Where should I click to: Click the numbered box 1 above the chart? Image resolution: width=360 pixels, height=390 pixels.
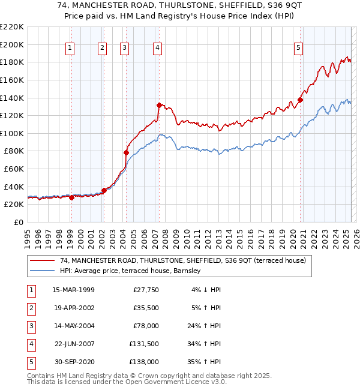tap(71, 49)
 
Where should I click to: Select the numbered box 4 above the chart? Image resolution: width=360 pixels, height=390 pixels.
tap(157, 49)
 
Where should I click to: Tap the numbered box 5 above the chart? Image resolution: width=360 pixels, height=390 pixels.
tap(298, 49)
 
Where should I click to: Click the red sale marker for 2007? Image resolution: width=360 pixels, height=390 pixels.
tap(159, 105)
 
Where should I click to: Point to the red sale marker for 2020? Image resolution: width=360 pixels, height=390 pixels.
tap(300, 100)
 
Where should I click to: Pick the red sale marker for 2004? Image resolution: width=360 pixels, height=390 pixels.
tap(126, 152)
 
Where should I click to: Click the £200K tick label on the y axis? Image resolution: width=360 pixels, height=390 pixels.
tap(12, 44)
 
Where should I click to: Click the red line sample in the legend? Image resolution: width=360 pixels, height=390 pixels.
tap(42, 260)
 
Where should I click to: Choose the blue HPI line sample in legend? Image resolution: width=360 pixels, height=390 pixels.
tap(42, 271)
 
